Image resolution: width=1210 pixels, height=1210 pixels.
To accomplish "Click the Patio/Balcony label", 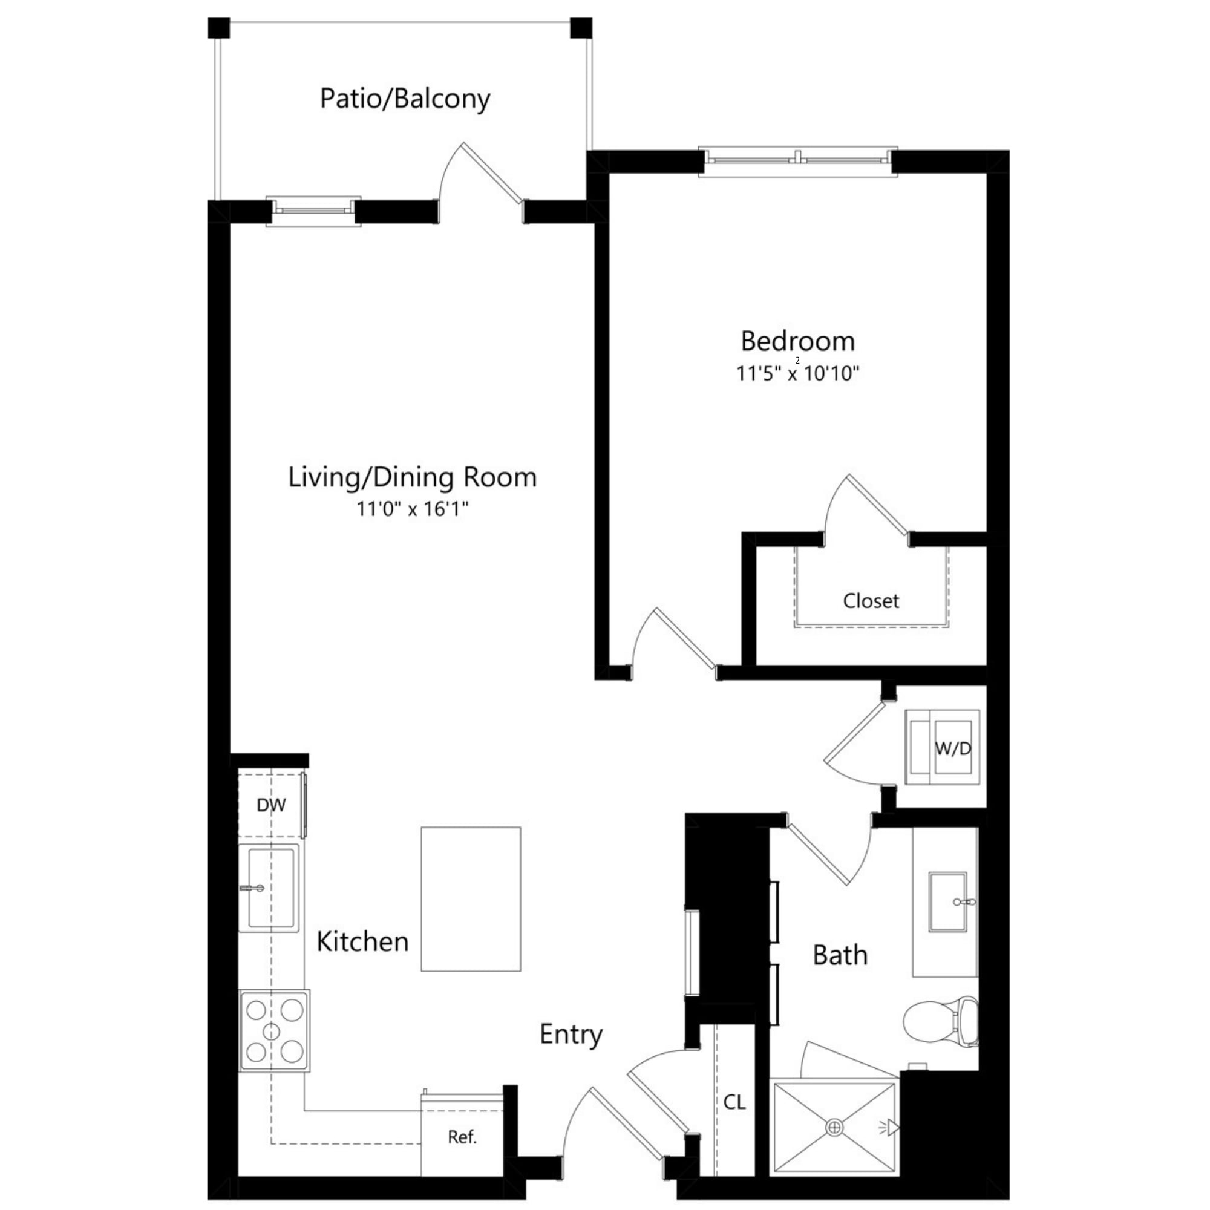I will pyautogui.click(x=405, y=99).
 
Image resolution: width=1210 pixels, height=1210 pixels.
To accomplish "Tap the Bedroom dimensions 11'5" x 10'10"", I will pyautogui.click(x=797, y=374).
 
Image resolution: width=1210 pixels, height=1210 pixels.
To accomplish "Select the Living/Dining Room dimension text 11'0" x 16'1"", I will pyautogui.click(x=412, y=509).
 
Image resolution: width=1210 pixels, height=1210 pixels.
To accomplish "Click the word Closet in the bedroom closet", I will pyautogui.click(x=871, y=601).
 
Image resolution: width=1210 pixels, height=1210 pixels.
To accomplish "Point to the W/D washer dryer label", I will pyautogui.click(x=953, y=748).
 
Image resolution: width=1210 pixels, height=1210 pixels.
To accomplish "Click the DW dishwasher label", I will pyautogui.click(x=271, y=805).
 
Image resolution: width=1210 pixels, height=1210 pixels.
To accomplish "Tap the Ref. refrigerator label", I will pyautogui.click(x=462, y=1137).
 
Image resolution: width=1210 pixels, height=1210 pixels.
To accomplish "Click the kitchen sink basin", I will pyautogui.click(x=270, y=888).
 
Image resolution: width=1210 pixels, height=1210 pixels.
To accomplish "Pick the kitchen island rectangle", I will pyautogui.click(x=470, y=899).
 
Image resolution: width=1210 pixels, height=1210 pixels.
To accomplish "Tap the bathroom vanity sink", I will pyautogui.click(x=947, y=901).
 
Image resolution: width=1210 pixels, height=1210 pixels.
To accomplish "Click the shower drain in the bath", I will pyautogui.click(x=834, y=1127).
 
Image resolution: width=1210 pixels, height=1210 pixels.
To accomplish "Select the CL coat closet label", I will pyautogui.click(x=734, y=1102).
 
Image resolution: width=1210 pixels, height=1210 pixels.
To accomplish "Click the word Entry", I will pyautogui.click(x=571, y=1034).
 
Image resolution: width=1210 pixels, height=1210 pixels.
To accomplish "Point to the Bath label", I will pyautogui.click(x=840, y=955).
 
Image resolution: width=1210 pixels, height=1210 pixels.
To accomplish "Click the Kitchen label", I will pyautogui.click(x=362, y=941).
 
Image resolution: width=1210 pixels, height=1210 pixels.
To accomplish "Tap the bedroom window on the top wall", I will pyautogui.click(x=797, y=160).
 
